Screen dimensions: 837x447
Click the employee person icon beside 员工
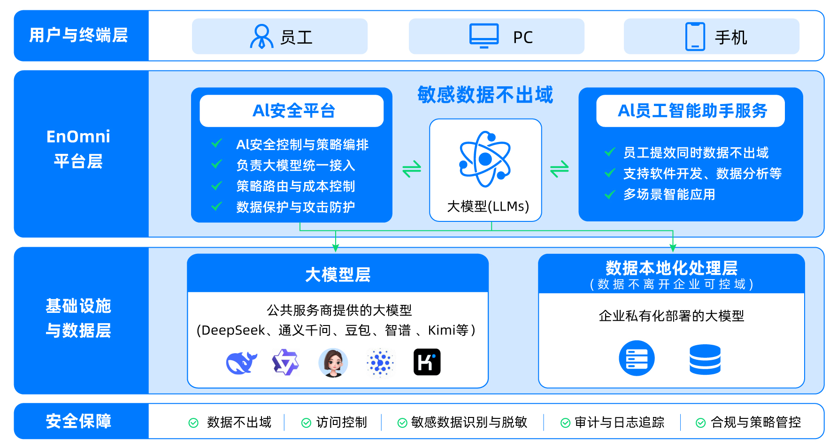pyautogui.click(x=261, y=37)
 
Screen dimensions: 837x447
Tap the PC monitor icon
pyautogui.click(x=484, y=36)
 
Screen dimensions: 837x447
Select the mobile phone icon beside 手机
pyautogui.click(x=695, y=37)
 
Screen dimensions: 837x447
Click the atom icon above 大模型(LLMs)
pyautogui.click(x=485, y=159)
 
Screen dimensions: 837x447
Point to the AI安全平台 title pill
pyautogui.click(x=292, y=111)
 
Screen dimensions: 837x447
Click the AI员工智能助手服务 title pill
pyautogui.click(x=691, y=111)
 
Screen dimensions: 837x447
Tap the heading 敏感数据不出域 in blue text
pyautogui.click(x=485, y=95)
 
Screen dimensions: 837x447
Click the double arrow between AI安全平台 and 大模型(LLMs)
pyautogui.click(x=412, y=169)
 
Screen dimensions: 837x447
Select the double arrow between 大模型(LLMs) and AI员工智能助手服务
pyautogui.click(x=560, y=169)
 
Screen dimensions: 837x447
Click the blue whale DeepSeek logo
pyautogui.click(x=241, y=363)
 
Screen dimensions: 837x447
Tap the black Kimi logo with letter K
pyautogui.click(x=427, y=362)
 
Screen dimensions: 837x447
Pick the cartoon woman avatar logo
pyautogui.click(x=333, y=363)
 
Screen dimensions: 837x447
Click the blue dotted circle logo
pyautogui.click(x=380, y=363)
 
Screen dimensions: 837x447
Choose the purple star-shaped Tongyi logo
pyautogui.click(x=285, y=363)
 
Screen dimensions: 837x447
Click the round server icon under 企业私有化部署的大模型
pyautogui.click(x=637, y=358)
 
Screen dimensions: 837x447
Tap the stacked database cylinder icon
pyautogui.click(x=705, y=359)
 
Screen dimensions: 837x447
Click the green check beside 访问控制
pyautogui.click(x=306, y=423)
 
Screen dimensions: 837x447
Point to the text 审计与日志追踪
pyautogui.click(x=619, y=422)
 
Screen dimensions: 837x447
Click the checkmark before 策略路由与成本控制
pyautogui.click(x=217, y=186)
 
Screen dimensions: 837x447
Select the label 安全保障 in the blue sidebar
pyautogui.click(x=78, y=421)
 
